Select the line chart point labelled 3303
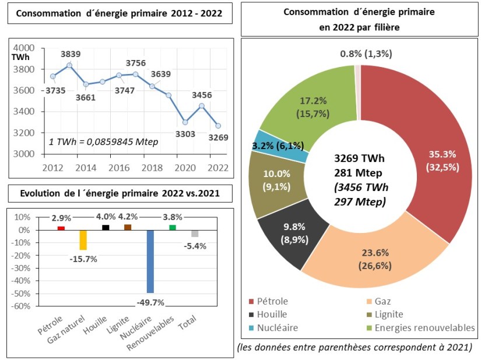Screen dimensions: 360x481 pyautogui.click(x=185, y=122)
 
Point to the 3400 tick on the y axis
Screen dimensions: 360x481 pyautogui.click(x=24, y=112)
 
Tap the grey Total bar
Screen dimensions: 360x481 pyautogui.click(x=195, y=234)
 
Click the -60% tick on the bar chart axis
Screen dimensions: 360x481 pyautogui.click(x=21, y=306)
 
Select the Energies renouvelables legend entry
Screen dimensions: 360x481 pyautogui.click(x=424, y=327)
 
